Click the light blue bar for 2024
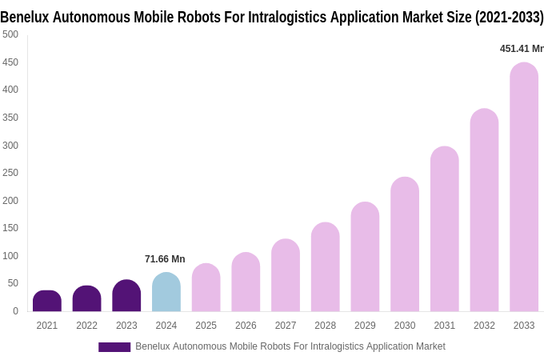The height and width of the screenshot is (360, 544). pos(166,293)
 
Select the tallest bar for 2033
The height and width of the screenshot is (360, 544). pos(524,188)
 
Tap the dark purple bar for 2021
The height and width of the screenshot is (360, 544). pos(47,302)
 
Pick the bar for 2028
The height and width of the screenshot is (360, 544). pos(325,267)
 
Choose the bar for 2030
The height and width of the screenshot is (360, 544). pos(405,245)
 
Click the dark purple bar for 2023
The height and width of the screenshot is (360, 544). pos(126,296)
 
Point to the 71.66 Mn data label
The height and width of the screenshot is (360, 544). pos(165,259)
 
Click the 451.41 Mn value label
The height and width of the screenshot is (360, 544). pos(521,49)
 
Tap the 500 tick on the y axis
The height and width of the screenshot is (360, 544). pos(10,34)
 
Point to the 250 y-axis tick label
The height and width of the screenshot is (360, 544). pos(10,173)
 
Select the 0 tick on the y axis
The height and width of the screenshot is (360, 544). pos(15,311)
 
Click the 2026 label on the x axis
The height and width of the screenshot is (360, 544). pos(246,326)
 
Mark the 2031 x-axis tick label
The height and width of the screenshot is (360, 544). pos(444,326)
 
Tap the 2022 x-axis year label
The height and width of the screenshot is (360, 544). pos(86,326)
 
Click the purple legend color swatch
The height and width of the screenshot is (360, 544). pos(114,347)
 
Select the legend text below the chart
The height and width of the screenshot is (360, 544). pos(290,346)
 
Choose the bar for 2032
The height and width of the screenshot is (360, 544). pos(484,210)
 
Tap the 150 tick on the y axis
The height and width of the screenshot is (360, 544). pos(10,228)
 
